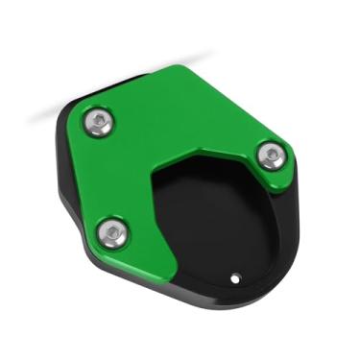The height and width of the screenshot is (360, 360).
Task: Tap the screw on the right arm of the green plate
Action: (x=272, y=154)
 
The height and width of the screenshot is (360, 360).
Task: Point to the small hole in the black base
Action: (x=236, y=279)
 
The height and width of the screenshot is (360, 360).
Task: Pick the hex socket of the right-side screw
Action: (x=272, y=154)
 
